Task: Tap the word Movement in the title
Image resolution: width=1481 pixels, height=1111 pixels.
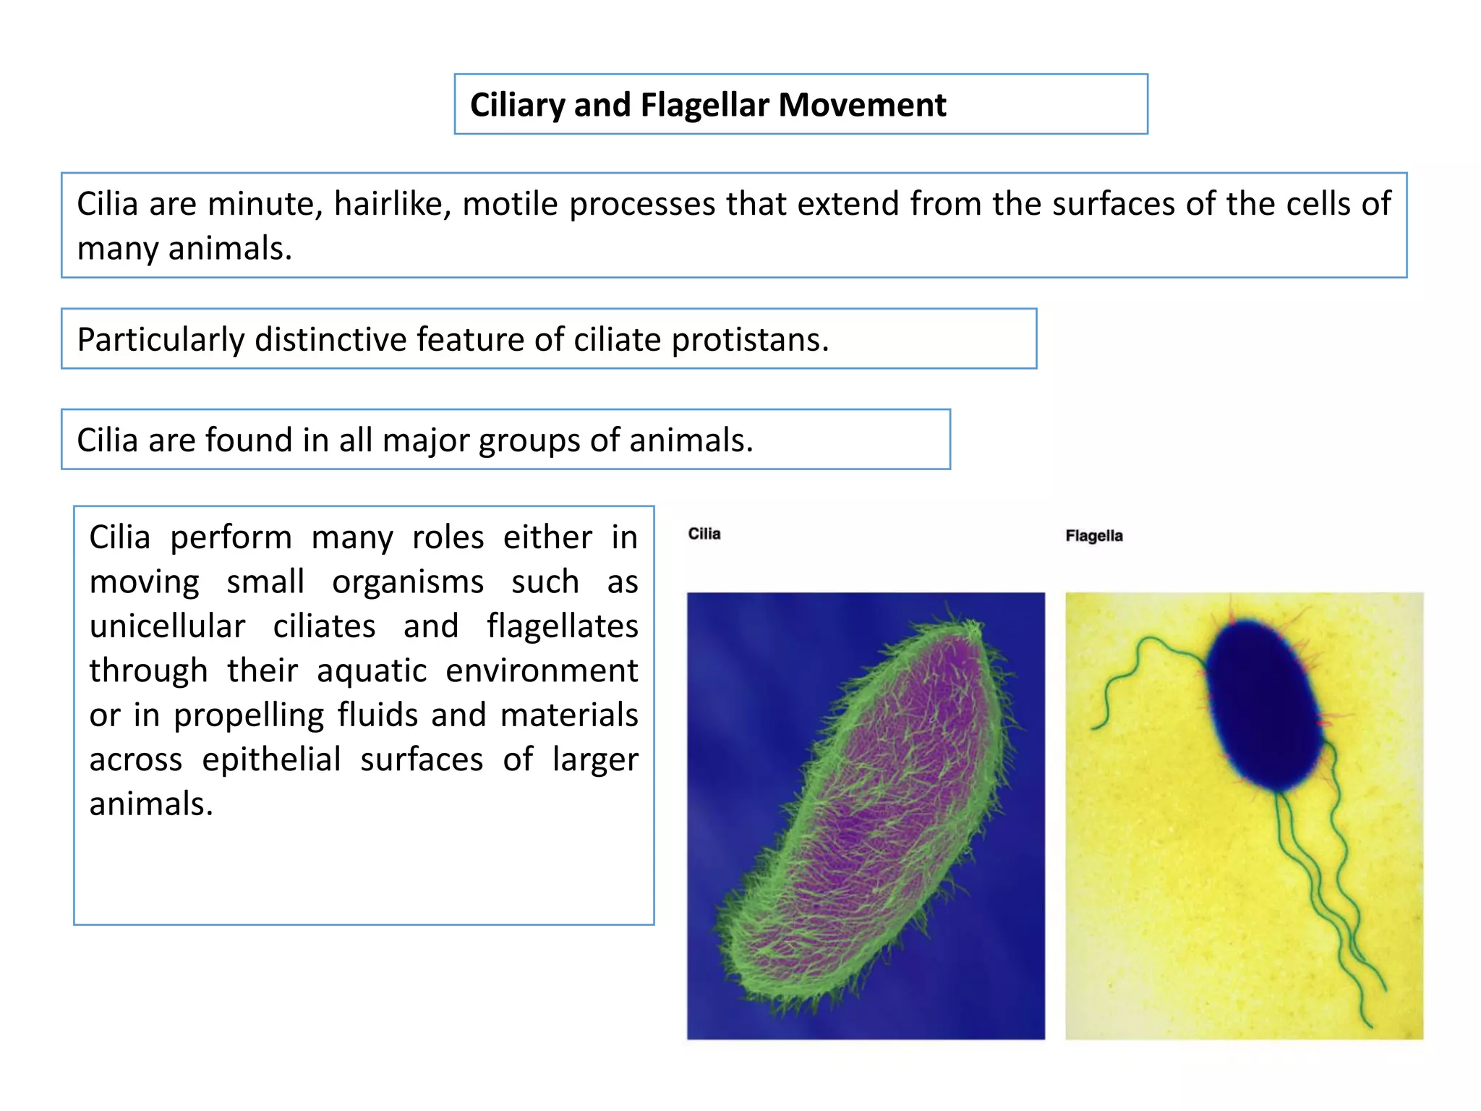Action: coord(862,105)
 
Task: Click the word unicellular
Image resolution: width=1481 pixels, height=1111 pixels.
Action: coord(167,626)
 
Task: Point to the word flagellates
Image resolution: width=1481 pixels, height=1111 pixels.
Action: coord(562,626)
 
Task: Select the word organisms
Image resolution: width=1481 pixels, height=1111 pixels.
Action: coord(408,582)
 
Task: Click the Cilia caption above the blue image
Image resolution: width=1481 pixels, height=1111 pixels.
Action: coord(704,534)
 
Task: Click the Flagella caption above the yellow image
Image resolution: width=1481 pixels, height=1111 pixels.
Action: coord(1093,536)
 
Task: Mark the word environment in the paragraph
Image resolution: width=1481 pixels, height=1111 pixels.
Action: coord(542,671)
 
